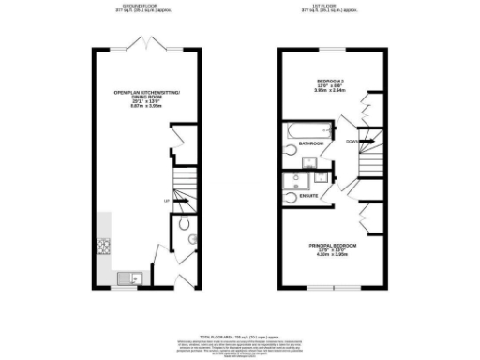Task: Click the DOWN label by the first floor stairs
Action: (x=351, y=142)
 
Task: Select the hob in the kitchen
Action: (x=101, y=247)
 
